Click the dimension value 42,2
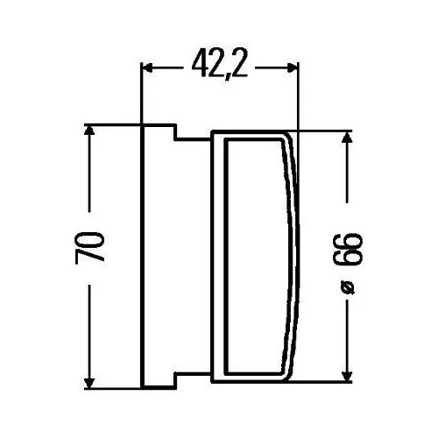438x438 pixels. [219, 65]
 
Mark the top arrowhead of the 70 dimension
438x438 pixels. [88, 130]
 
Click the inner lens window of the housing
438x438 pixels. [254, 254]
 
